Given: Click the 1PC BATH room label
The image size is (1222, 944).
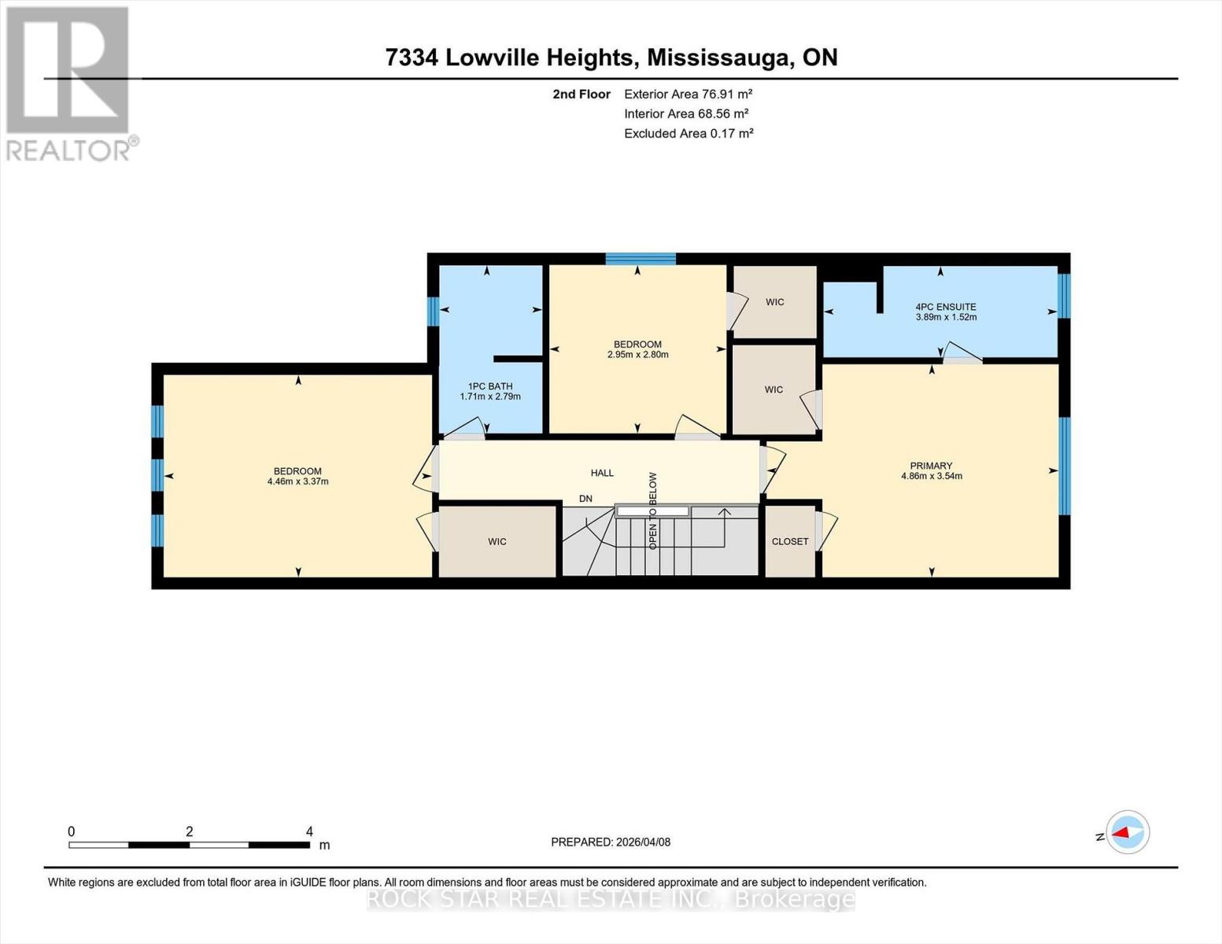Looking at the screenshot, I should pos(489,386).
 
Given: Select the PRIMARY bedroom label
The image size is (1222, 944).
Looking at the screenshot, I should pos(931,466).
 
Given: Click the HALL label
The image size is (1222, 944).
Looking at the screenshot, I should pos(602,473).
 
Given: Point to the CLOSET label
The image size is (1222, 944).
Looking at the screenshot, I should pos(790,541).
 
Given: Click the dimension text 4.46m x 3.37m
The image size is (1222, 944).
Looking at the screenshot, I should pos(297,481).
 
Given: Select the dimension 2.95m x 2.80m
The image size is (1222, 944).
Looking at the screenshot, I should pos(637,355).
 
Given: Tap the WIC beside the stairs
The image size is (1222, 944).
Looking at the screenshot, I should pos(497,541).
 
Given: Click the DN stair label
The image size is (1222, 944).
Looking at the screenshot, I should pos(585,499).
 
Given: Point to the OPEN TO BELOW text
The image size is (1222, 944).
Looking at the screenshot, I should pos(652,511).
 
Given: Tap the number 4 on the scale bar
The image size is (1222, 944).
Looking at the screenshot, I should pos(309,832).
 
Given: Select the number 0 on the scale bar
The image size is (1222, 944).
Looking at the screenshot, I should pos(72,832).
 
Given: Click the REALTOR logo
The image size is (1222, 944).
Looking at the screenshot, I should pos(68,83).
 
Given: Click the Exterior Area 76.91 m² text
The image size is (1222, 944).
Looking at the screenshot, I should pos(688,94).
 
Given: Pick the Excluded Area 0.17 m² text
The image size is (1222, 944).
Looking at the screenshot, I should pos(689,134).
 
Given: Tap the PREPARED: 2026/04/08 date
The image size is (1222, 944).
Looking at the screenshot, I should pos(611,842).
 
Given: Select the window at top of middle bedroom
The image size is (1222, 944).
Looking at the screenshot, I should pos(641,259).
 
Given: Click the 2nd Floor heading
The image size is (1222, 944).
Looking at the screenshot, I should pos(581,94).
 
